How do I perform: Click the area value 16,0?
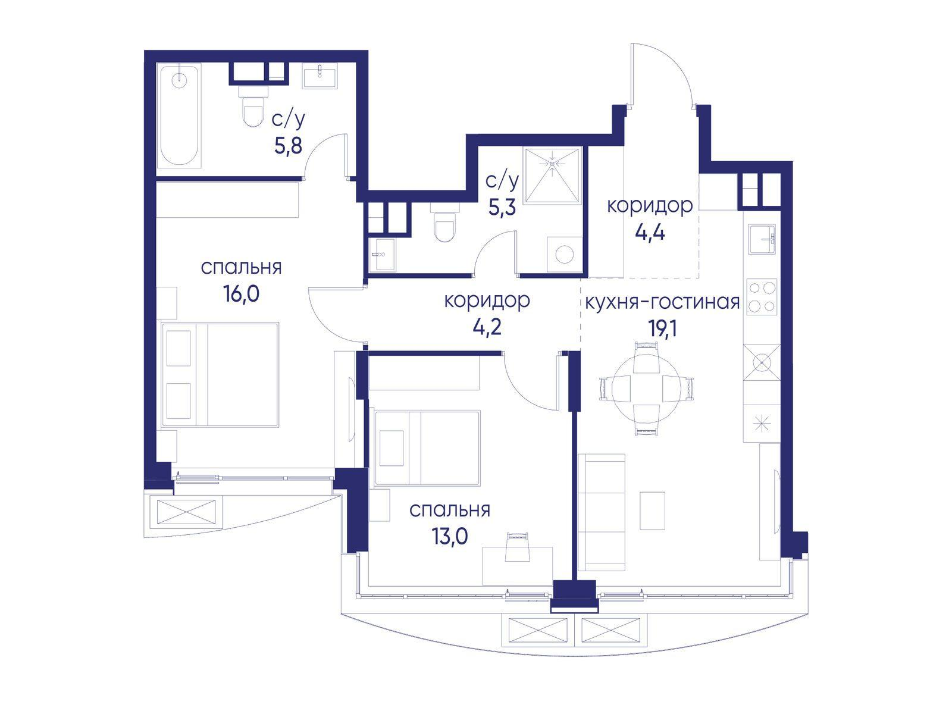(242, 294)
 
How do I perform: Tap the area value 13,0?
(450, 537)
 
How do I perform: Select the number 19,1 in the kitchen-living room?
(662, 329)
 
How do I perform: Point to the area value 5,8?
(288, 146)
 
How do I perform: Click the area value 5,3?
(502, 208)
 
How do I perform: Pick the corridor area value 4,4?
(650, 233)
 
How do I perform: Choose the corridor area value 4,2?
(487, 327)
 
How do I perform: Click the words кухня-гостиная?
(662, 302)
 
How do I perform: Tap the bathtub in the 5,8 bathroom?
(180, 115)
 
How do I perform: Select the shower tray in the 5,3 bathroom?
(552, 175)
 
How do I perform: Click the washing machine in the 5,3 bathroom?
(564, 255)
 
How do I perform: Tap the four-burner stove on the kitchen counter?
(762, 296)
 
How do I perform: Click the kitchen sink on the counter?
(762, 239)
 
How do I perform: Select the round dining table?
(646, 389)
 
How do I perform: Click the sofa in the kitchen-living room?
(602, 512)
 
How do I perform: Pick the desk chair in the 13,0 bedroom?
(518, 547)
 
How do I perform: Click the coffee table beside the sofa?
(652, 511)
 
